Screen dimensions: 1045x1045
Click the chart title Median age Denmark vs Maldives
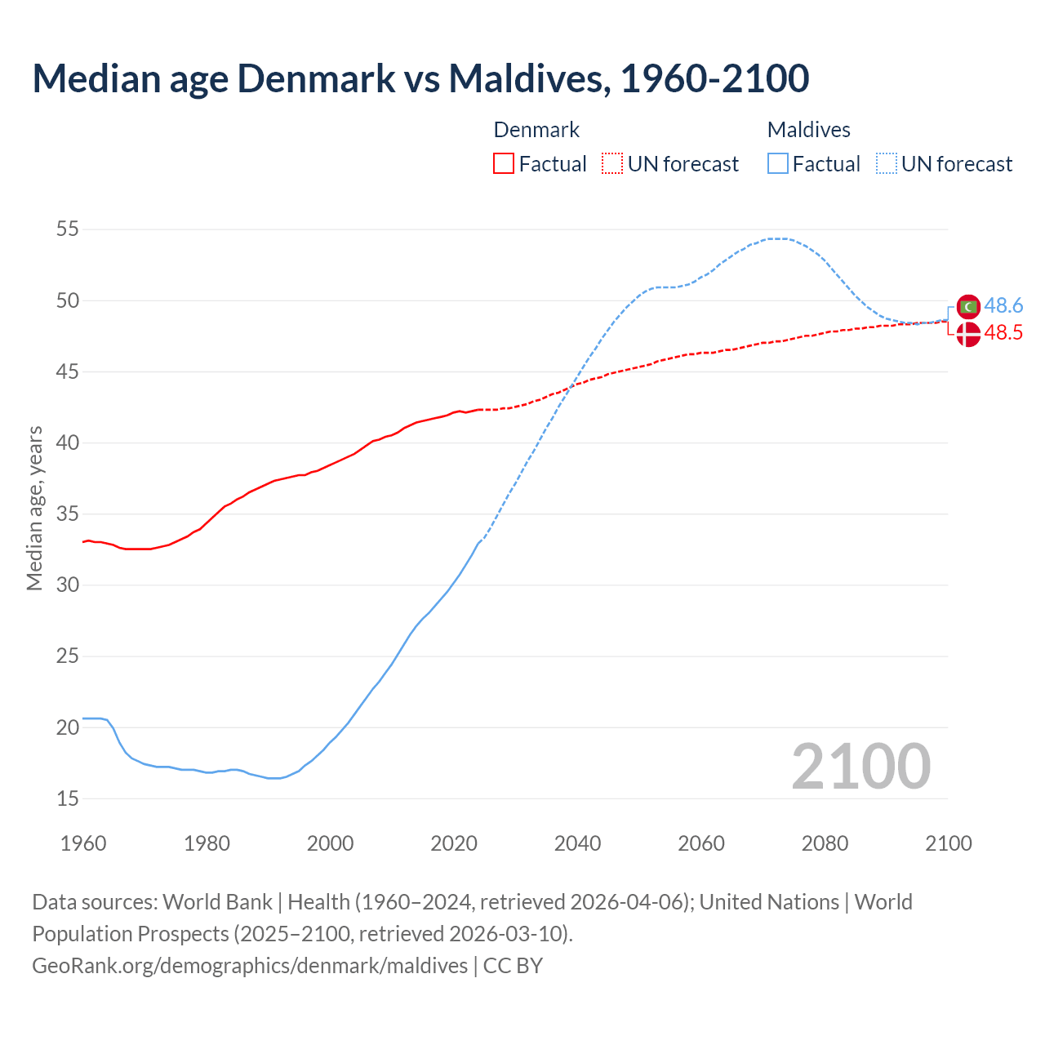[420, 78]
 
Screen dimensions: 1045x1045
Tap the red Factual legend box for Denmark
[504, 164]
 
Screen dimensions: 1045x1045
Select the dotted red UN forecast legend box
[612, 164]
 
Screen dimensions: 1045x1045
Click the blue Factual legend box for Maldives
[778, 164]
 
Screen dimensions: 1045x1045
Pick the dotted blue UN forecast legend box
[887, 164]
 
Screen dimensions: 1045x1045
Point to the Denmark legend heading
[536, 130]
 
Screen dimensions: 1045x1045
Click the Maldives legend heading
[808, 130]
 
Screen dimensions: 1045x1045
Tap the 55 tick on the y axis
[68, 229]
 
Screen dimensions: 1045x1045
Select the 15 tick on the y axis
[68, 798]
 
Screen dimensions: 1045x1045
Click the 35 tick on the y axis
[68, 514]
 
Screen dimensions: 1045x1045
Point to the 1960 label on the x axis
[83, 843]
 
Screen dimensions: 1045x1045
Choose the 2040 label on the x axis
[577, 843]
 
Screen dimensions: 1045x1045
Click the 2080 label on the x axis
[825, 843]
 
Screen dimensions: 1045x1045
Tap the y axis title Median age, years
[34, 508]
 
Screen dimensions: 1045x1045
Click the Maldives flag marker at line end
[968, 307]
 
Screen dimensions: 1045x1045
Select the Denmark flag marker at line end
[968, 334]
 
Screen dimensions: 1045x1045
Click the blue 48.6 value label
[1003, 306]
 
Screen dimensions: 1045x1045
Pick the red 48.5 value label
[1003, 333]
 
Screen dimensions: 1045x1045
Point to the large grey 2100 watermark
[860, 767]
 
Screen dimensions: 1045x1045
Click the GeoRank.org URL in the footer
[250, 966]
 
